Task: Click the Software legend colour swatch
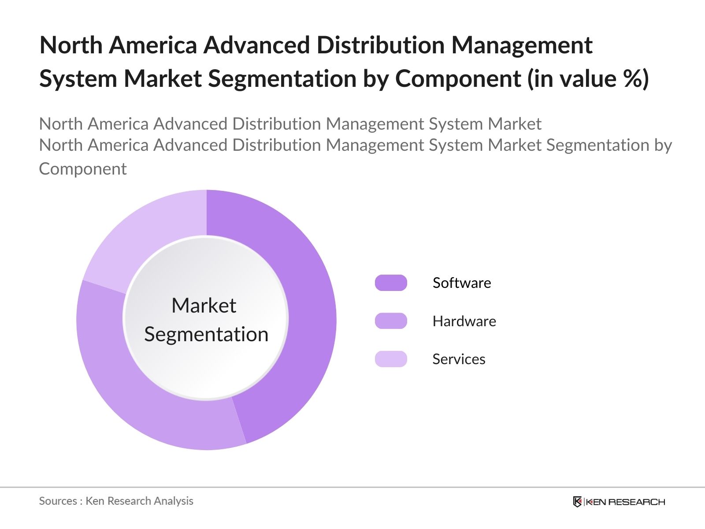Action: click(x=391, y=283)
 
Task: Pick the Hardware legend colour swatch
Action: click(x=391, y=321)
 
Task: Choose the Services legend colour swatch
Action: click(x=391, y=359)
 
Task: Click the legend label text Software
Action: click(x=461, y=283)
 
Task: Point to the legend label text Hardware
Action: click(x=464, y=321)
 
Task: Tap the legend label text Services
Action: click(x=459, y=359)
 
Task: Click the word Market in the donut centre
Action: click(x=204, y=305)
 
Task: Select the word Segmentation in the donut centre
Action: click(x=206, y=334)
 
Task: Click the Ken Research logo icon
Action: click(x=577, y=502)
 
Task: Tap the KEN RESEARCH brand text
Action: click(x=625, y=502)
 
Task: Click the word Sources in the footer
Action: click(x=58, y=501)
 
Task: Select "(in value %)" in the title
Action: click(x=588, y=79)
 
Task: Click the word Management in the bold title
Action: click(x=522, y=45)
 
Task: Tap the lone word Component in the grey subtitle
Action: click(x=83, y=169)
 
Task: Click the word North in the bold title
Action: click(x=71, y=45)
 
